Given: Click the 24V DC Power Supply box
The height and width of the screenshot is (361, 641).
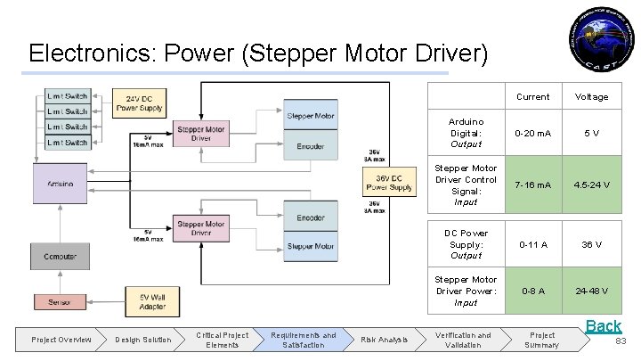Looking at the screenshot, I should click(138, 103).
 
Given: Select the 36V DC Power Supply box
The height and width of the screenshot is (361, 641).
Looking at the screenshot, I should click(389, 182).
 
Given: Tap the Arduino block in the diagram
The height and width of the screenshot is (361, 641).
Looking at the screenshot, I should click(61, 185).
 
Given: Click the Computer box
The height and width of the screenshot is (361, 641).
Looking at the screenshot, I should click(61, 257).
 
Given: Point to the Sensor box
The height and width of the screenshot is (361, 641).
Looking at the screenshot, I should click(61, 302).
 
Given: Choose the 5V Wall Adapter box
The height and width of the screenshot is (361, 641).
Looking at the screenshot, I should click(152, 301).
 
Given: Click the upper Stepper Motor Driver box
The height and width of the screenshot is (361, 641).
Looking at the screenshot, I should click(200, 134).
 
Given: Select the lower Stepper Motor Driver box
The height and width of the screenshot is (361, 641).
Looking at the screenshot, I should click(200, 229).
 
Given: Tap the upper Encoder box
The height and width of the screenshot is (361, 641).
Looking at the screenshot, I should click(311, 146).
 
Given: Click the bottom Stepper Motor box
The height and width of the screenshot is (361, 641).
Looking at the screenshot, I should click(311, 245).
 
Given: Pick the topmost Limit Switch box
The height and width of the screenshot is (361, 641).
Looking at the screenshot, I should click(68, 96).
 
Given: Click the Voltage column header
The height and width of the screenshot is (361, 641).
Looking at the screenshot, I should click(591, 96).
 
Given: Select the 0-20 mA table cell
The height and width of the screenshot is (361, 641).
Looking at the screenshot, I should click(532, 133).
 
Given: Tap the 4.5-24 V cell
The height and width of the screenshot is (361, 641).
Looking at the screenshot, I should click(591, 185).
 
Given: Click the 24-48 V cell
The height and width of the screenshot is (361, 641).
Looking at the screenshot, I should click(591, 290).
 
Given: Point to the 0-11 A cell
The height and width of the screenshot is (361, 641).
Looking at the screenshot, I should click(532, 244).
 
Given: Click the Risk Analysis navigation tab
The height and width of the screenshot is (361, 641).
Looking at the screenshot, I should click(384, 340).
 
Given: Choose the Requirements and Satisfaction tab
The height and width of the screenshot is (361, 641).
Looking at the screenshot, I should click(304, 340).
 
